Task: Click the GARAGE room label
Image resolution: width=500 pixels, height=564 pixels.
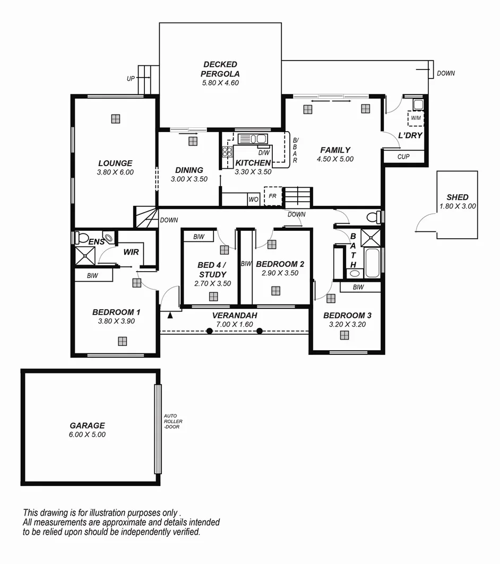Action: pos(87,426)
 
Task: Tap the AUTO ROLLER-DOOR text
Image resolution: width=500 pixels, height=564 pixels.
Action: pos(173,421)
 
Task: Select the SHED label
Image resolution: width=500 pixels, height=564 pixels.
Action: pos(457,197)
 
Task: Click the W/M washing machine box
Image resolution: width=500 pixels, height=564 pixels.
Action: pos(415,118)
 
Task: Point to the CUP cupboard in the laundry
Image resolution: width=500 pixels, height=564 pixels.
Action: pos(403,157)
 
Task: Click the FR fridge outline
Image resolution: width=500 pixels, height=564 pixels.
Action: pos(272,196)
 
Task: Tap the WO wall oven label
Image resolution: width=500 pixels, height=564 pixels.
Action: pos(254,200)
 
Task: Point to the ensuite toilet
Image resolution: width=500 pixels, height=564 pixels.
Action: pos(82,237)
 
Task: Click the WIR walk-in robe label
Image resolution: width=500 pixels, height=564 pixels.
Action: pos(131,252)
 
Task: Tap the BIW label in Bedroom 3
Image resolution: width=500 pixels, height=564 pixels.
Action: pos(358,287)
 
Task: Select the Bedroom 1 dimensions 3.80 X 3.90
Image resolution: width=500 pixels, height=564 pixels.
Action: pos(115,322)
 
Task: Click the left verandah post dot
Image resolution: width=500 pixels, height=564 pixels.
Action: pos(210,331)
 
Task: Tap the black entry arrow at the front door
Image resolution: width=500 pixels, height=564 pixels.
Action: pos(170,316)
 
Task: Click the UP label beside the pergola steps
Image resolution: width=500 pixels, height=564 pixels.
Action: pos(131,79)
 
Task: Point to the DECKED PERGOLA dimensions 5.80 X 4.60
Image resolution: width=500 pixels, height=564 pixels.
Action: pos(220,83)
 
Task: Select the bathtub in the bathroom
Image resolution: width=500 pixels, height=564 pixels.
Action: pos(372,263)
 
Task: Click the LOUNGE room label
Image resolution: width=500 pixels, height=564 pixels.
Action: pos(115,163)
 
